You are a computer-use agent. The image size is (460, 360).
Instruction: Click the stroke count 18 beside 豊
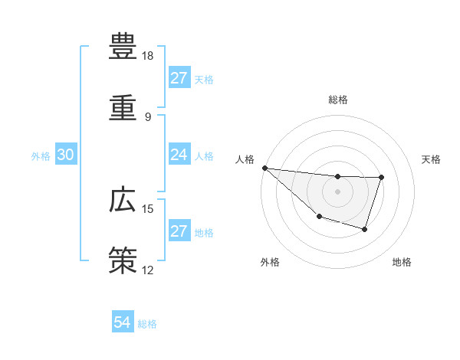tap(148, 56)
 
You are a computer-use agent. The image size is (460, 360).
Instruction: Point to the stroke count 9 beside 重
tap(148, 116)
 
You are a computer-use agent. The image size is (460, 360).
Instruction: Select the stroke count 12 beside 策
tap(148, 270)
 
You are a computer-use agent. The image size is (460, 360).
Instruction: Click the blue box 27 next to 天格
tap(179, 78)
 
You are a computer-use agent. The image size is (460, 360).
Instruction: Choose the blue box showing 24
tap(179, 155)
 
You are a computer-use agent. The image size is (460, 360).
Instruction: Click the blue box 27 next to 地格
tap(179, 231)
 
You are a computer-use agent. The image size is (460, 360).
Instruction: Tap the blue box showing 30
tap(66, 155)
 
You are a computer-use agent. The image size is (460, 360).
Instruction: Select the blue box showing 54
tap(123, 322)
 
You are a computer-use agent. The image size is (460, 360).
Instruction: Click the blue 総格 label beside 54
tap(147, 324)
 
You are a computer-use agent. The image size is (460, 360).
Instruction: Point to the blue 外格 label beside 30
tap(41, 156)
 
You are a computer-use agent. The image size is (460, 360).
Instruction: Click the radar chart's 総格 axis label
tap(338, 100)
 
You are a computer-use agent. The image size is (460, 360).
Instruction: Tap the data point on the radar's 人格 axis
tap(264, 168)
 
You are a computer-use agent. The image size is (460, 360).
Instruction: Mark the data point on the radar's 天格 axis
tap(381, 178)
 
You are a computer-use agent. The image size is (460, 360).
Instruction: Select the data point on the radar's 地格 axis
tap(365, 229)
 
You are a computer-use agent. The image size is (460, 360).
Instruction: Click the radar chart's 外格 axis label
tap(270, 263)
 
